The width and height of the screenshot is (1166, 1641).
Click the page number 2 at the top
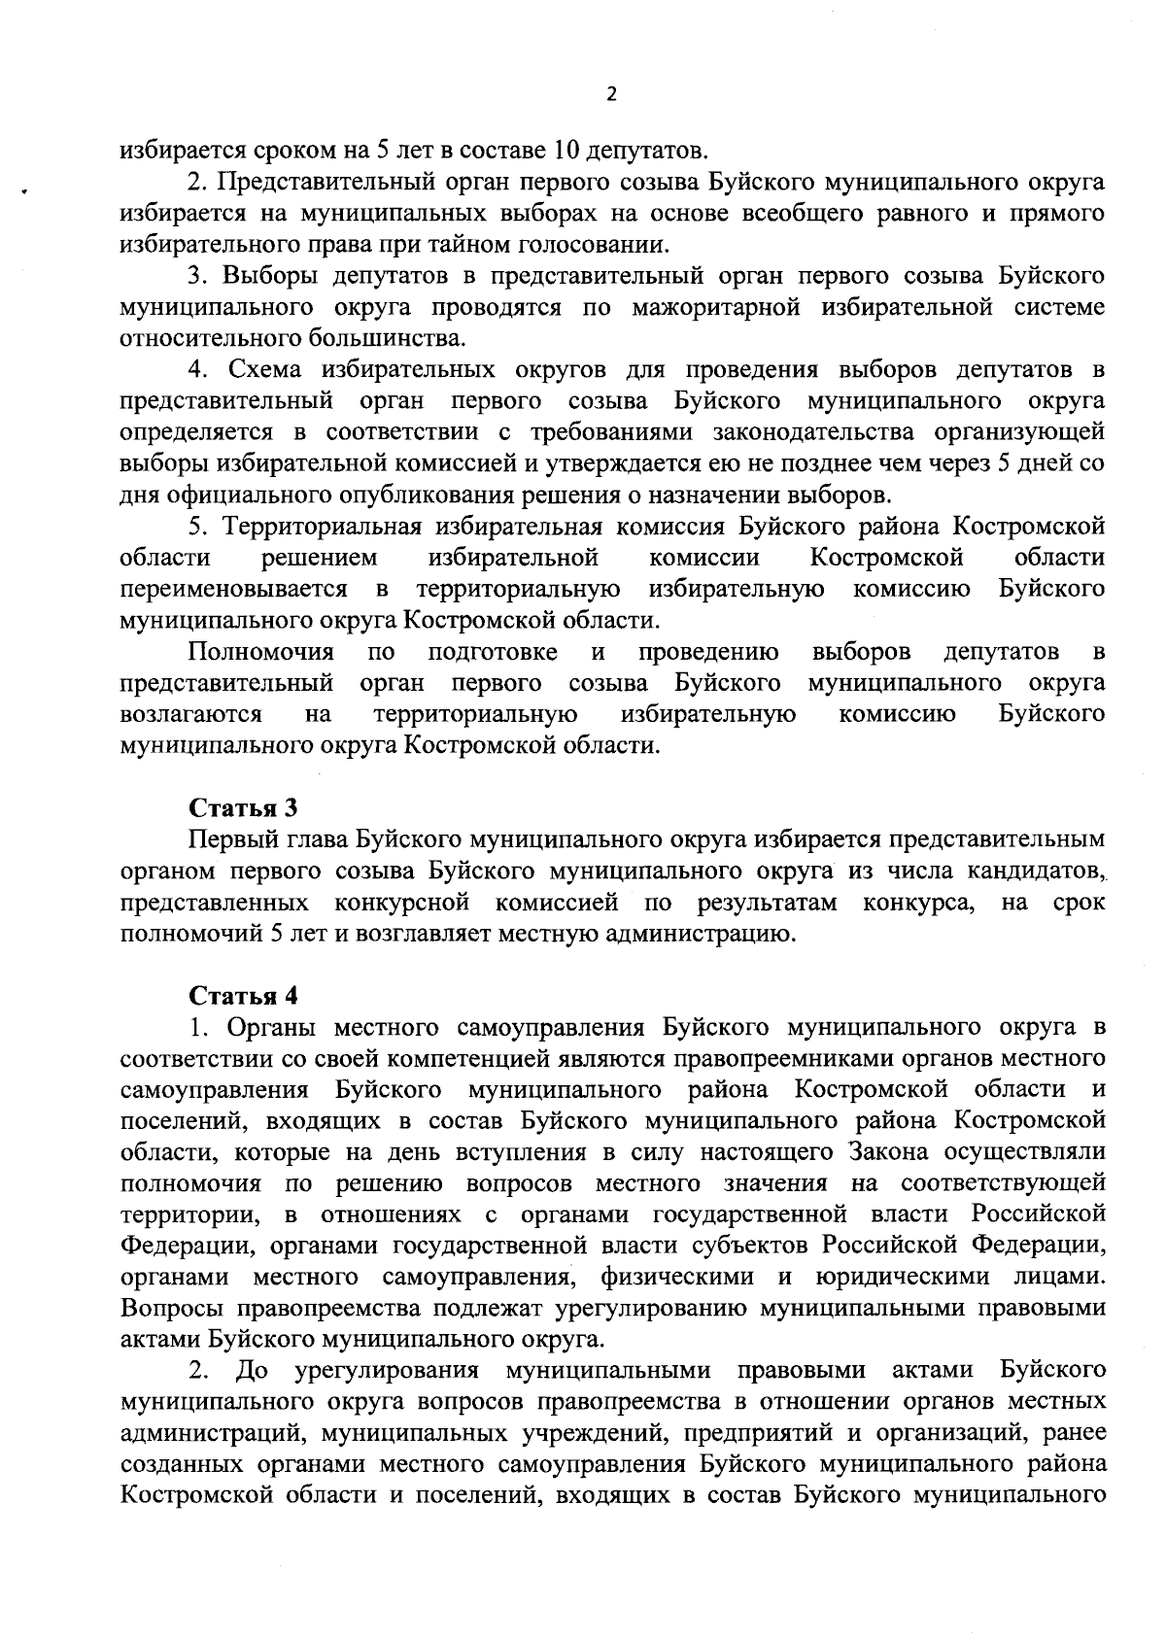pyautogui.click(x=610, y=94)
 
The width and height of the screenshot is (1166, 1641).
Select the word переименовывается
pyautogui.click(x=234, y=589)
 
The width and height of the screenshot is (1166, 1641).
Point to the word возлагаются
pyautogui.click(x=190, y=714)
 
